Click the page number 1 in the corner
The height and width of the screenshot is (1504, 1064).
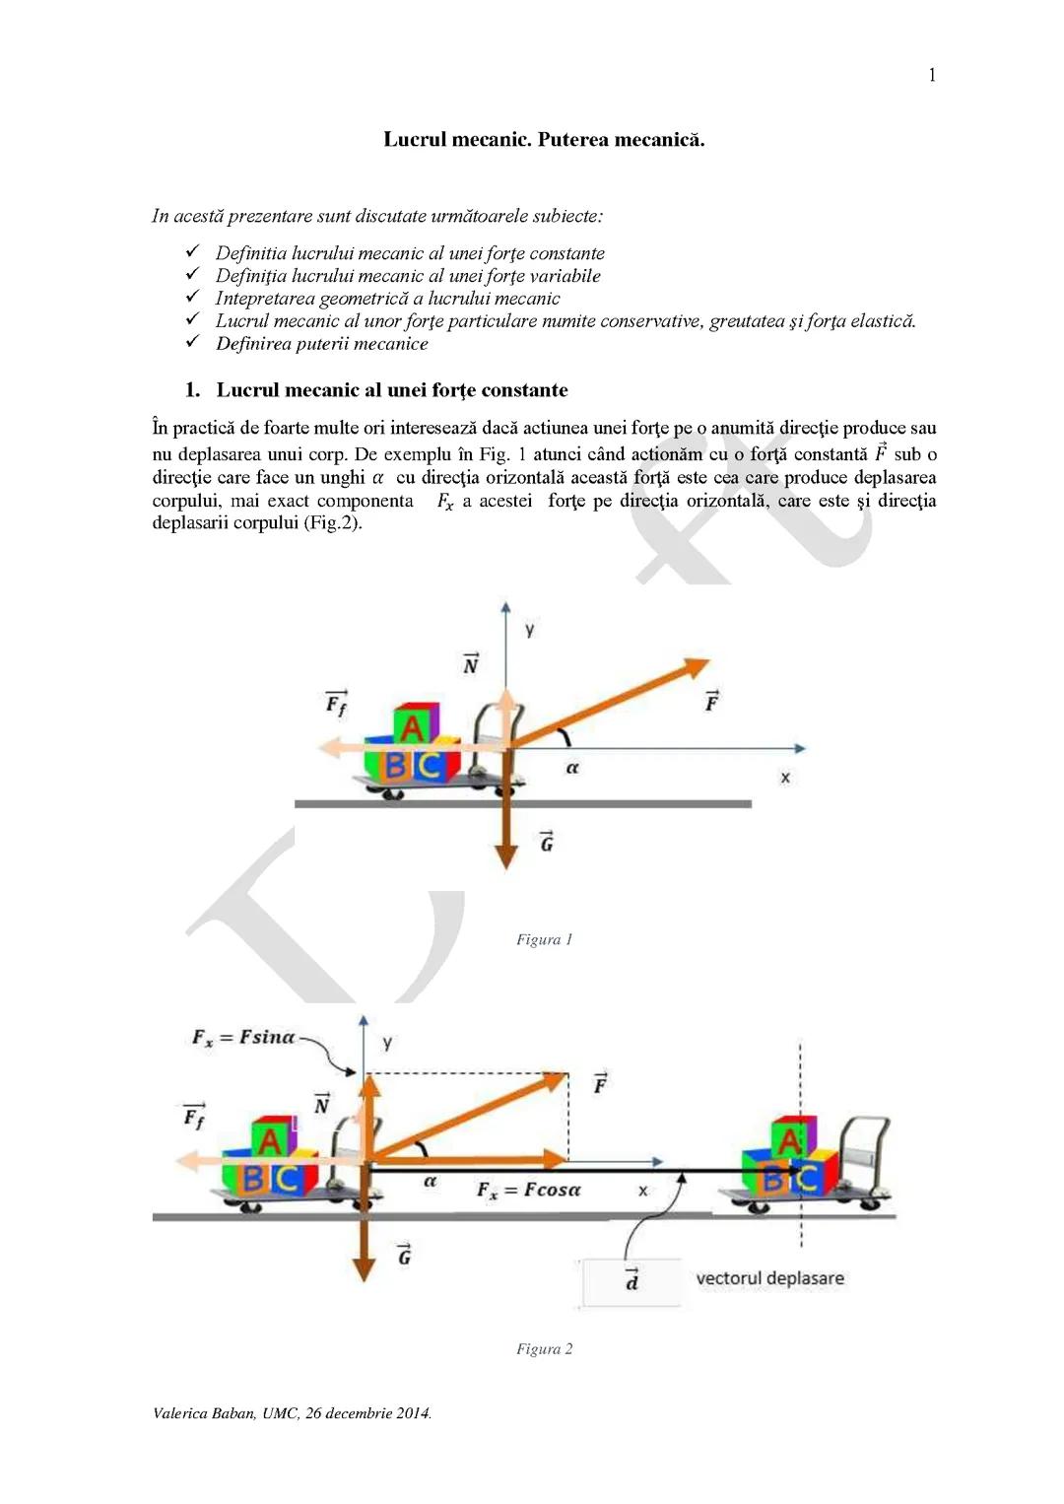(x=932, y=76)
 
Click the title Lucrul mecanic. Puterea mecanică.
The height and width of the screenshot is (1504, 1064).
(x=544, y=139)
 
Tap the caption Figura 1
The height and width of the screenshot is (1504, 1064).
(x=544, y=939)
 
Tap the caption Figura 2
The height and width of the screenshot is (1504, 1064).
(x=544, y=1348)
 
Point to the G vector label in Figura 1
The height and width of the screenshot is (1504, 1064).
(x=546, y=843)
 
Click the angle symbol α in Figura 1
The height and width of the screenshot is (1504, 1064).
(x=572, y=767)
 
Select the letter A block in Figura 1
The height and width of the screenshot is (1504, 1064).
(x=414, y=727)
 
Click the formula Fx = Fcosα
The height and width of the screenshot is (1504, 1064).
(x=529, y=1190)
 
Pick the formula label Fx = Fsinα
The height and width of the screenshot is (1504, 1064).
(x=243, y=1037)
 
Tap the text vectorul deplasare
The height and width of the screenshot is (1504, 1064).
(x=769, y=1278)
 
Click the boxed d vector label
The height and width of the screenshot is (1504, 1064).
(x=632, y=1281)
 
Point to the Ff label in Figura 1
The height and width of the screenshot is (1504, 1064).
(x=336, y=704)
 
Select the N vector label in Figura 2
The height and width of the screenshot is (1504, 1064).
(x=321, y=1105)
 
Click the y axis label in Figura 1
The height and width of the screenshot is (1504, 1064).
(x=530, y=629)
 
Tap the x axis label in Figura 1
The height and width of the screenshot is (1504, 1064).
(x=785, y=778)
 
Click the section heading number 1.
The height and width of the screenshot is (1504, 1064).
(x=192, y=390)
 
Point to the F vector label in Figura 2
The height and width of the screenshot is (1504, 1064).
(x=600, y=1084)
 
